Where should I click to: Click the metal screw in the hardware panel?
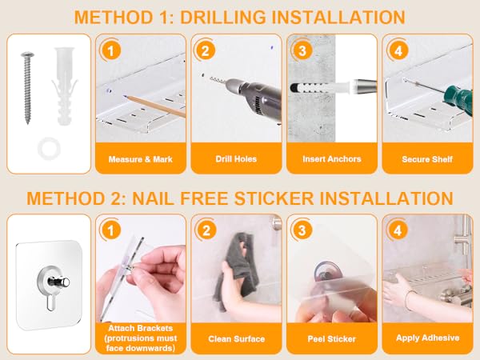(x=27, y=88)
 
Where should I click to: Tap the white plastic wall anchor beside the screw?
(x=65, y=86)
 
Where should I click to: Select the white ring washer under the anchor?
(x=49, y=149)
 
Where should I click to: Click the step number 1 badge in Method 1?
(x=111, y=51)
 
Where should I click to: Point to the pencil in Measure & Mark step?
(x=154, y=106)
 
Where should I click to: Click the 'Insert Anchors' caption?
(x=332, y=159)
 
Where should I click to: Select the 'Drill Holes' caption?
(x=236, y=159)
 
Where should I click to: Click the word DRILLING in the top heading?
(x=223, y=17)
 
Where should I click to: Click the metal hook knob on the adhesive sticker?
(x=58, y=282)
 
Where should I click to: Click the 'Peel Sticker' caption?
(x=331, y=339)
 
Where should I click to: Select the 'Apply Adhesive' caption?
(x=428, y=338)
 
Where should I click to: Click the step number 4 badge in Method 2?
(x=398, y=230)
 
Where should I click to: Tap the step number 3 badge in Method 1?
(x=302, y=51)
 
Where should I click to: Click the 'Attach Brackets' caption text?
(x=141, y=328)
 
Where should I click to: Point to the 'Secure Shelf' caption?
(x=427, y=159)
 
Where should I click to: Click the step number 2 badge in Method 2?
(x=206, y=230)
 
